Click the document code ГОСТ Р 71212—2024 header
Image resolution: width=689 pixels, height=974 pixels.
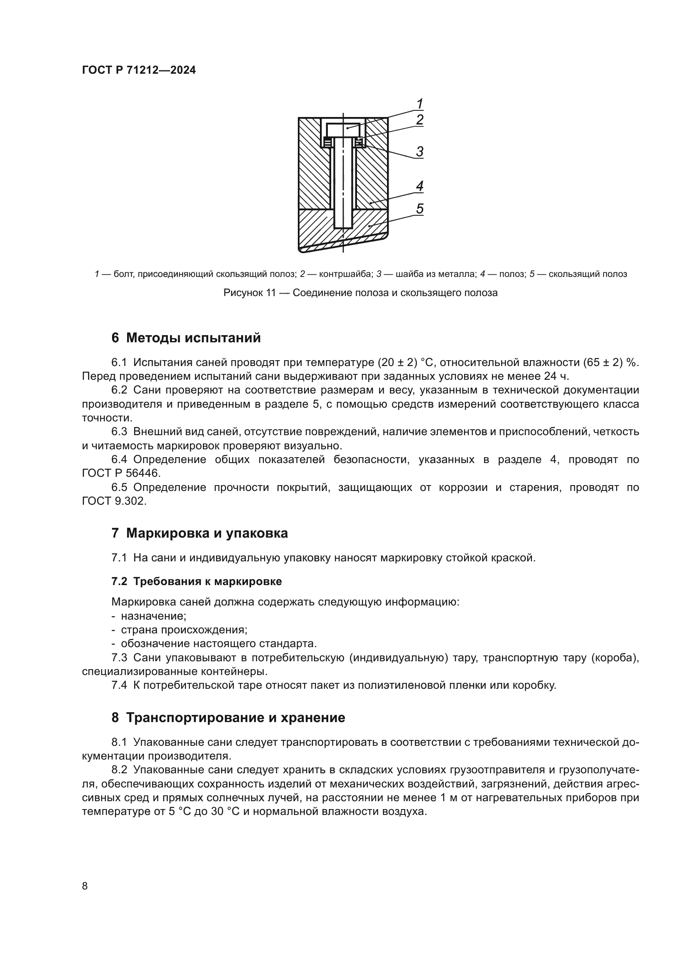coord(139,70)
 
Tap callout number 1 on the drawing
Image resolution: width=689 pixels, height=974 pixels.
coord(419,104)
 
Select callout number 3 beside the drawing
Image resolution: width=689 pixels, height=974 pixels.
coord(419,152)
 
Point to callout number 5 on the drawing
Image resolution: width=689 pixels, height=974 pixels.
coord(419,208)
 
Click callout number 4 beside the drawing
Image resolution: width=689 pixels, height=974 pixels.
coord(419,186)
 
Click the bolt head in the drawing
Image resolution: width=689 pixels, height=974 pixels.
coord(343,130)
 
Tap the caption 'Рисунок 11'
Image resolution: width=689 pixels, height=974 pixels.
coord(250,293)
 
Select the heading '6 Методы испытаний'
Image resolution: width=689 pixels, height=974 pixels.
coord(186,338)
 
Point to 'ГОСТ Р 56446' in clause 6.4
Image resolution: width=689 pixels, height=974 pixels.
coord(121,473)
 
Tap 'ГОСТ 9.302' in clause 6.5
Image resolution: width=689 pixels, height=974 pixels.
coord(113,501)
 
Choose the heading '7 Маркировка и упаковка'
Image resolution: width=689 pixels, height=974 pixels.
coord(200,533)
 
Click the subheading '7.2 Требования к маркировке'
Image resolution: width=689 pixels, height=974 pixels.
coord(197,581)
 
